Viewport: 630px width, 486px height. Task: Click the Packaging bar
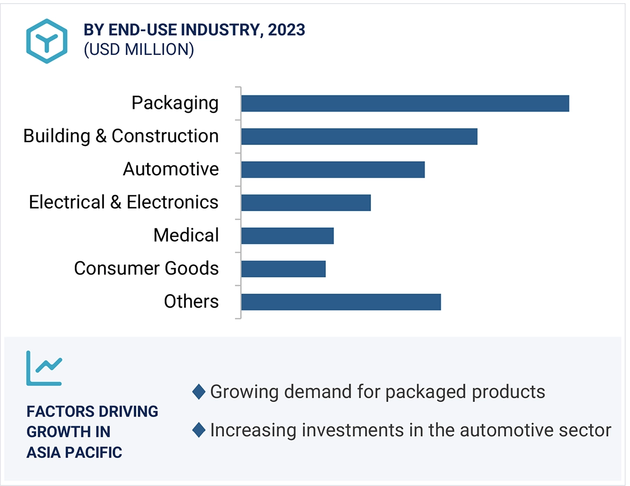tap(405, 103)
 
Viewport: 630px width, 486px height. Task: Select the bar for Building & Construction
tap(359, 137)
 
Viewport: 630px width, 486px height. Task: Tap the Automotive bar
tap(333, 170)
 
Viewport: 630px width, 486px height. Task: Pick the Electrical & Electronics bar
tap(306, 203)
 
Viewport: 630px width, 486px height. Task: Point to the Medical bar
tap(288, 236)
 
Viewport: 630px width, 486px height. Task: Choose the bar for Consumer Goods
tap(283, 269)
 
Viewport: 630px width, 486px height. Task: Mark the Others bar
tap(341, 302)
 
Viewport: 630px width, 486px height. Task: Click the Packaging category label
tap(175, 103)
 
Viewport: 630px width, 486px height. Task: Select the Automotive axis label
tap(171, 169)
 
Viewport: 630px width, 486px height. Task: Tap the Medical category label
tap(186, 235)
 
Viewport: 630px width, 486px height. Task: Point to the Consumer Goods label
tap(146, 268)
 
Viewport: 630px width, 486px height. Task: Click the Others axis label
tap(191, 301)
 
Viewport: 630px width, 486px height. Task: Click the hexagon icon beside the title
tap(47, 41)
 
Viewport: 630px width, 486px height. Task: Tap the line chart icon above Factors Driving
tap(44, 368)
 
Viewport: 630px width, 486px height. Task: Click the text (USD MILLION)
tap(138, 50)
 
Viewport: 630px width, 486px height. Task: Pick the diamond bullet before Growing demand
tap(199, 392)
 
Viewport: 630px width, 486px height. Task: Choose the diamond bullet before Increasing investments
tap(199, 430)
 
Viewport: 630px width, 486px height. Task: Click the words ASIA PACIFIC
tap(74, 452)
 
